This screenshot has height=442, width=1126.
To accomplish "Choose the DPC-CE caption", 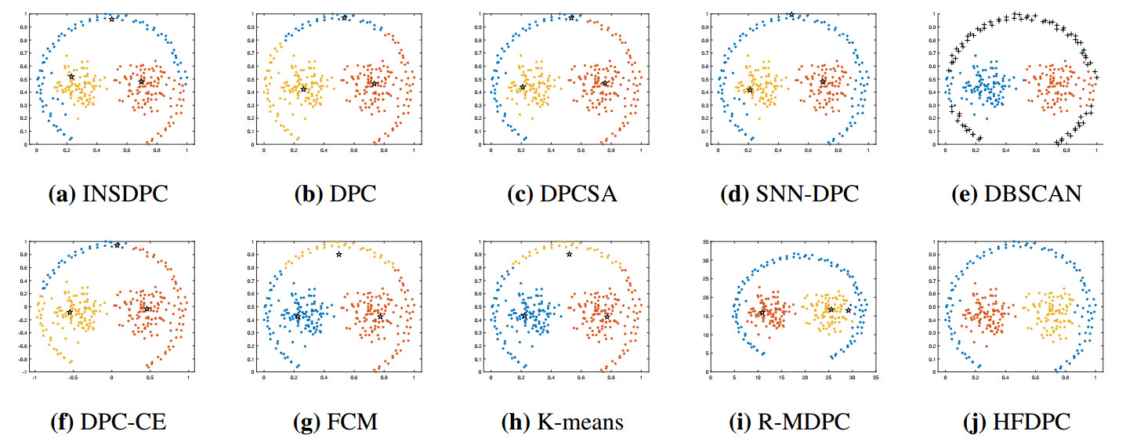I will click(110, 422).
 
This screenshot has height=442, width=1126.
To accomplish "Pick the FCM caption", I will click(338, 422).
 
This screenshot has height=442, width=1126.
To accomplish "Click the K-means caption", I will click(563, 422).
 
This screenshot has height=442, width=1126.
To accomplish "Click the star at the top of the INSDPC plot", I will click(112, 19).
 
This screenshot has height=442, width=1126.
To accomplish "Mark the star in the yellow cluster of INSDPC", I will click(71, 77).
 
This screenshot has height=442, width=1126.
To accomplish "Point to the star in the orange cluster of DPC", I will click(375, 84).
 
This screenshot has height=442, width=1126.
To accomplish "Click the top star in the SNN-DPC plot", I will click(791, 15).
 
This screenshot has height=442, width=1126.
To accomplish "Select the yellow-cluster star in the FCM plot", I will click(339, 254).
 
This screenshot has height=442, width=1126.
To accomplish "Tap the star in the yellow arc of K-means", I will click(569, 254).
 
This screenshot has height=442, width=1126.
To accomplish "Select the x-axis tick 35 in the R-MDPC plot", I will click(875, 379).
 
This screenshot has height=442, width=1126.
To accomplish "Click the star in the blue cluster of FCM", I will click(297, 317).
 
